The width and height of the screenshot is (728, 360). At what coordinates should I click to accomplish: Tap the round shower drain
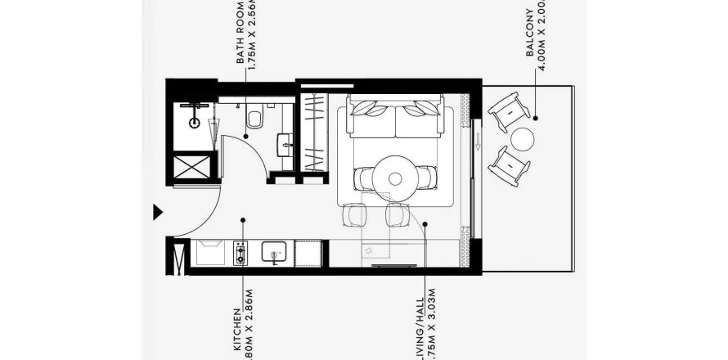click(195, 122)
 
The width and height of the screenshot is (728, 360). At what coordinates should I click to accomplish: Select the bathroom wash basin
click(285, 144)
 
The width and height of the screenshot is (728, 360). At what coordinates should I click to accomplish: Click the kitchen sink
click(274, 252)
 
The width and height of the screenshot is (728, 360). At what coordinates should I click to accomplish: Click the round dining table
click(395, 178)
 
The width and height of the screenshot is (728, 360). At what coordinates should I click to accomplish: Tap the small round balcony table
click(523, 138)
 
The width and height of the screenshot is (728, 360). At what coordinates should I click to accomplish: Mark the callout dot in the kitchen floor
click(243, 220)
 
